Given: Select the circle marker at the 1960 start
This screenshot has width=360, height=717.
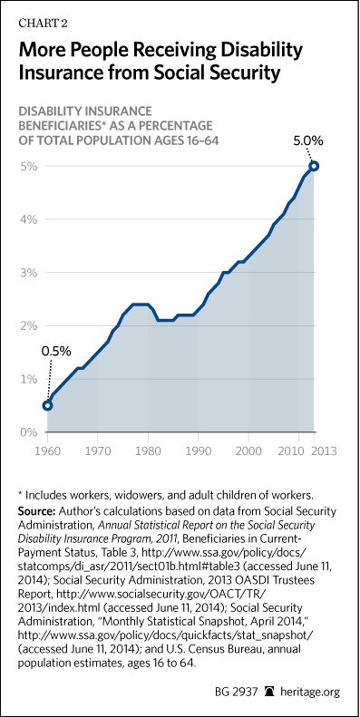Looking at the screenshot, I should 47,405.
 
